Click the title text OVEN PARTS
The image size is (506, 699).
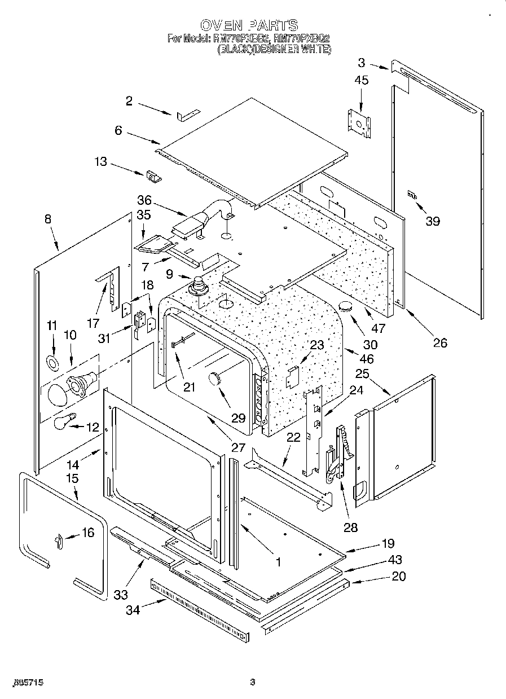pyautogui.click(x=249, y=25)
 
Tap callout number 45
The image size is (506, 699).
pyautogui.click(x=362, y=81)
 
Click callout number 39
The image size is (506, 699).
pyautogui.click(x=432, y=221)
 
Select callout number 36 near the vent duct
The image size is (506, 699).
pyautogui.click(x=144, y=200)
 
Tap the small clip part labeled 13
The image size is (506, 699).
pyautogui.click(x=153, y=177)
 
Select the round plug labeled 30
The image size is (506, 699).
pyautogui.click(x=345, y=307)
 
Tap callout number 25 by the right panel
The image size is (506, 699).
pyautogui.click(x=362, y=373)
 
